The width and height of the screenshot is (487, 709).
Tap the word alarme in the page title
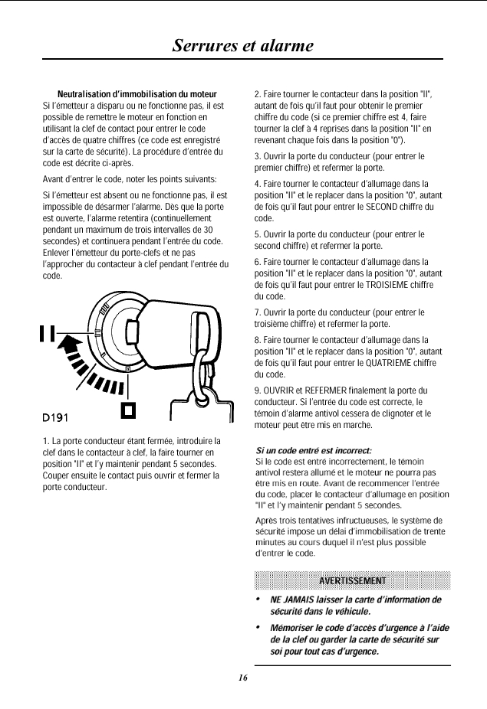285,45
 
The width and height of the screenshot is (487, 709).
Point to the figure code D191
55,417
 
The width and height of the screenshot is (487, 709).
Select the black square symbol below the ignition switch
129,411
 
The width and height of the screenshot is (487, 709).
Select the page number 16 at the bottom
242,678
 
